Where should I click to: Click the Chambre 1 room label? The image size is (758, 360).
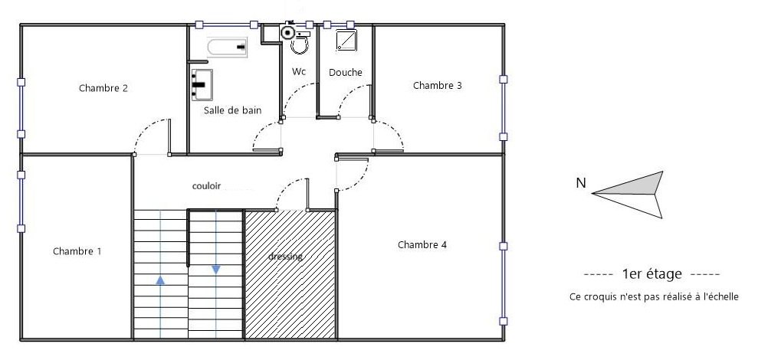tap(77, 251)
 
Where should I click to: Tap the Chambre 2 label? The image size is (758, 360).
tap(103, 88)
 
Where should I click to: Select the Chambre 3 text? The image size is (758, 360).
tap(438, 86)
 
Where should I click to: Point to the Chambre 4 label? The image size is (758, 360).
tap(422, 245)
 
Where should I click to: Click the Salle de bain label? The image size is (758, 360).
tap(232, 110)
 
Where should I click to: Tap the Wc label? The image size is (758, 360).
tap(299, 71)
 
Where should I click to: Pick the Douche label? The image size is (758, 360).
tap(346, 73)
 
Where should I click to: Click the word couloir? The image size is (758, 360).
tap(206, 185)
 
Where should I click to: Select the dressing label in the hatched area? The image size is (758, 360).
tap(286, 257)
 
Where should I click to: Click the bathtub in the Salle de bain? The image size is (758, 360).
tap(227, 47)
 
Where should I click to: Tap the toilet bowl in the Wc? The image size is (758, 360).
tap(299, 45)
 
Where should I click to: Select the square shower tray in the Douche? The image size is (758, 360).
tap(346, 40)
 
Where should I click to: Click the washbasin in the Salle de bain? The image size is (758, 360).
tap(202, 84)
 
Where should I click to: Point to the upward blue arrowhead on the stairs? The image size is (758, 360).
tap(160, 280)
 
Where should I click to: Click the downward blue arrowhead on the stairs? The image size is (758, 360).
tap(216, 270)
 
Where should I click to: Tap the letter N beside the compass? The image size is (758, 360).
tap(581, 183)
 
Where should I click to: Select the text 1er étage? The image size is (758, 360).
tap(652, 274)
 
